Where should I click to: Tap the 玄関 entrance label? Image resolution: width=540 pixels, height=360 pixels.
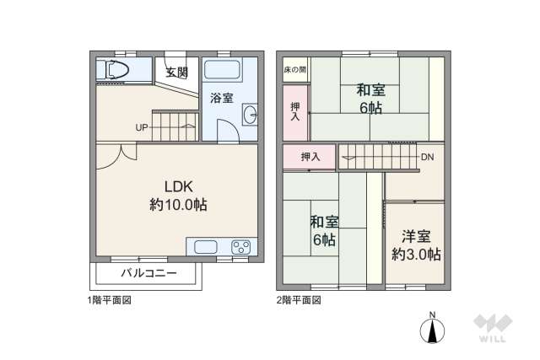point(176,72)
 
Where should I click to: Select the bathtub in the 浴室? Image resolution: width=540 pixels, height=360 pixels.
point(224,70)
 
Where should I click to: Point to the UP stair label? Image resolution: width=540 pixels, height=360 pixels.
point(143,128)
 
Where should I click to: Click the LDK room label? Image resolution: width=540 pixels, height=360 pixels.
point(179,187)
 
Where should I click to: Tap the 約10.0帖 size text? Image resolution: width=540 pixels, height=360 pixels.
point(179,205)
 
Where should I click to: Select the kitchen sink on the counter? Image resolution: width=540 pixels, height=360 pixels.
point(208,247)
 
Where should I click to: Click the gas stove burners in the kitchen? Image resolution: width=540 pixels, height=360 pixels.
point(240,247)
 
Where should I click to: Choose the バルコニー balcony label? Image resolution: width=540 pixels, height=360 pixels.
point(148,273)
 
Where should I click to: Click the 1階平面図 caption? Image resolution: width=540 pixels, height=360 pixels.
point(110,300)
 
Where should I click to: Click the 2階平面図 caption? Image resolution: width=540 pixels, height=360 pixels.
point(299,300)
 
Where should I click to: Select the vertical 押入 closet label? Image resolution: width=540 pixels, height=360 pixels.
point(295,111)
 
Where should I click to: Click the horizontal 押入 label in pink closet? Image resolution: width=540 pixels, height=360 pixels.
point(310,157)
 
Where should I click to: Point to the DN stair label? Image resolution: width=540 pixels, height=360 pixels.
point(428,157)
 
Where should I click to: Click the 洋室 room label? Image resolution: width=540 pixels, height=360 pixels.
point(416,237)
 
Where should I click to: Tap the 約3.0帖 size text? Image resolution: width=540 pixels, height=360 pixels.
point(416,254)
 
